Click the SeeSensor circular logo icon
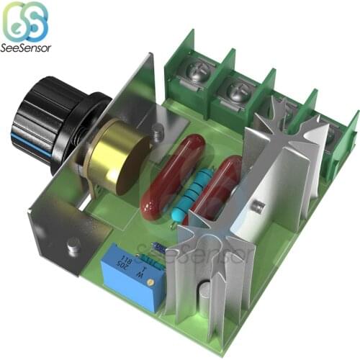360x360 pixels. [25, 22]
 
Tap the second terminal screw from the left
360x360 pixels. [238, 91]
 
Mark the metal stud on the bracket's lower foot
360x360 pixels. [73, 248]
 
